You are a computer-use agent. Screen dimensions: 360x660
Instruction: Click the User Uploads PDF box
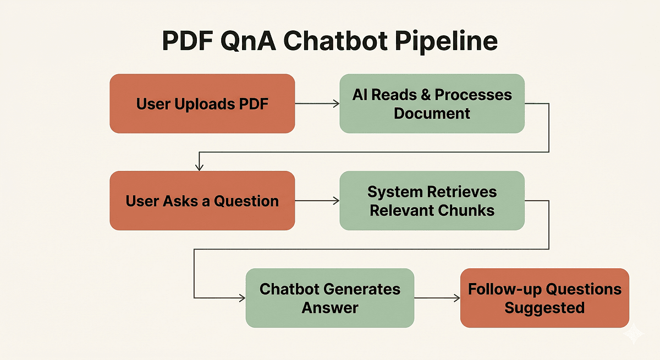pyautogui.click(x=202, y=104)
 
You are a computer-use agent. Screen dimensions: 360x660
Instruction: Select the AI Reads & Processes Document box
pyautogui.click(x=432, y=104)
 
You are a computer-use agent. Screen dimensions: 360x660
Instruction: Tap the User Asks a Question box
pyautogui.click(x=202, y=201)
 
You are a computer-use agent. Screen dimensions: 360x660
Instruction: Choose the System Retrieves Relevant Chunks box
pyautogui.click(x=432, y=201)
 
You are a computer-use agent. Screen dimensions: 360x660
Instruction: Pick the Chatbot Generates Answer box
pyautogui.click(x=329, y=298)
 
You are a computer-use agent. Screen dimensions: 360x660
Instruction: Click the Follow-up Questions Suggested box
pyautogui.click(x=544, y=298)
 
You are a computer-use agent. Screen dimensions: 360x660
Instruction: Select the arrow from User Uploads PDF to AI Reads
pyautogui.click(x=317, y=103)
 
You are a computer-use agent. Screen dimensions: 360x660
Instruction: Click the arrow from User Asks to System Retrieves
pyautogui.click(x=317, y=201)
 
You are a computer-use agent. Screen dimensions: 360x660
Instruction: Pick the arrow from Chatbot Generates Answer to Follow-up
pyautogui.click(x=437, y=298)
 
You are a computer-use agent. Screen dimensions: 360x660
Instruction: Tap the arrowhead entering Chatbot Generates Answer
pyautogui.click(x=241, y=298)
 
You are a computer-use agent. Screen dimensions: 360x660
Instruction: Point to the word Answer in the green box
pyautogui.click(x=329, y=307)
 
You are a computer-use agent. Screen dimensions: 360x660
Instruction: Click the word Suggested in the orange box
pyautogui.click(x=544, y=307)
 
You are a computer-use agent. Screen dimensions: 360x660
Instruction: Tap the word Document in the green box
pyautogui.click(x=432, y=114)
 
